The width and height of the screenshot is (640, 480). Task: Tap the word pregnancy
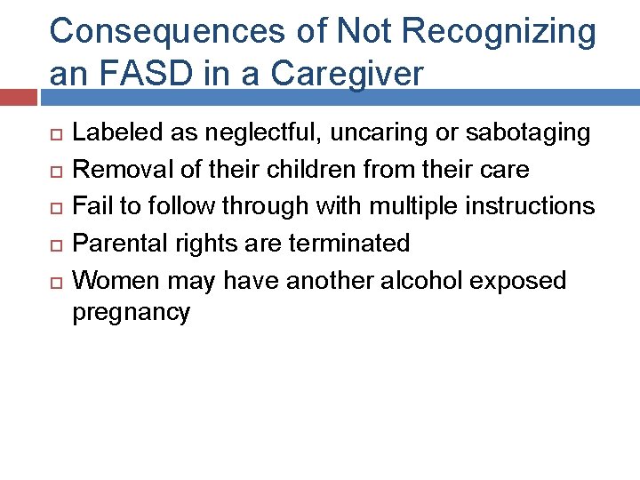pyautogui.click(x=131, y=313)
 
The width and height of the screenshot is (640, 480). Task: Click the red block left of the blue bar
pyautogui.click(x=19, y=98)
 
